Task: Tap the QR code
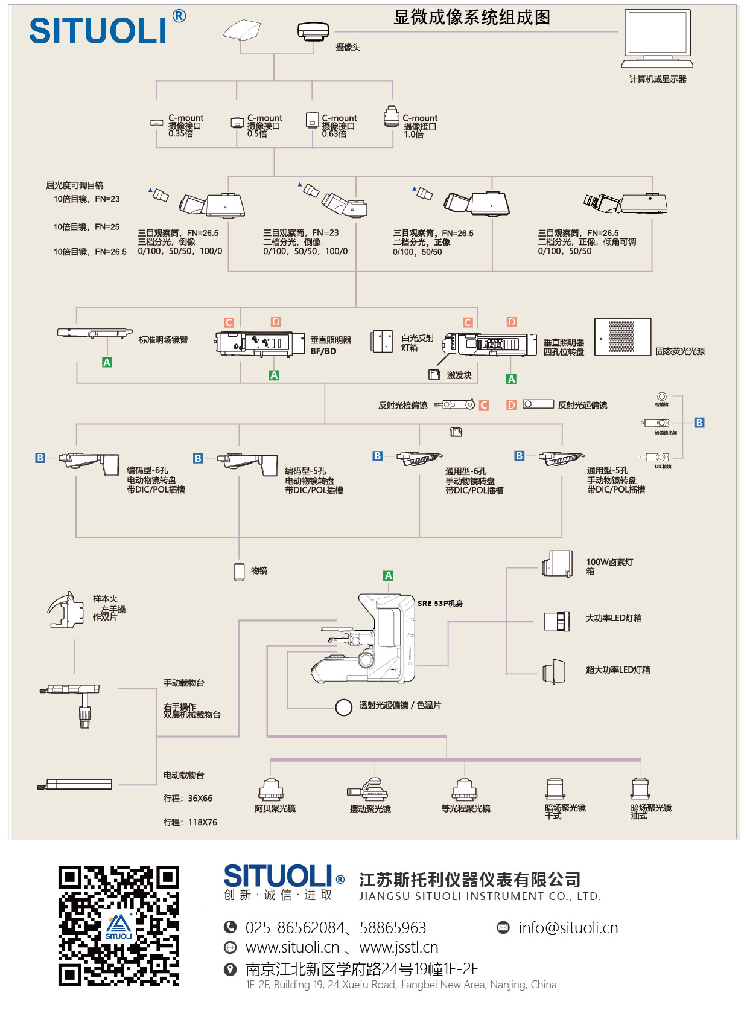pos(119,925)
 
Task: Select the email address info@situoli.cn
pos(568,928)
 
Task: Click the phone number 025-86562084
pos(295,928)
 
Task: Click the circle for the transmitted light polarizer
pos(344,707)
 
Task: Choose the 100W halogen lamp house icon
pos(557,564)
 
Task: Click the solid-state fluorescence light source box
pos(622,337)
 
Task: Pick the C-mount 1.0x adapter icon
pos(392,117)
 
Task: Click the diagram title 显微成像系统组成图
pos(472,18)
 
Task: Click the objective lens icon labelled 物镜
pos(239,571)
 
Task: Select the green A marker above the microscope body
pos(389,576)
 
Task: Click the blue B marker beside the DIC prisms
pos(699,423)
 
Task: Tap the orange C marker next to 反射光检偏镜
pos(484,405)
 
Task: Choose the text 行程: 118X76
pos(190,822)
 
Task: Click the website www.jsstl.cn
pos(398,948)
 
